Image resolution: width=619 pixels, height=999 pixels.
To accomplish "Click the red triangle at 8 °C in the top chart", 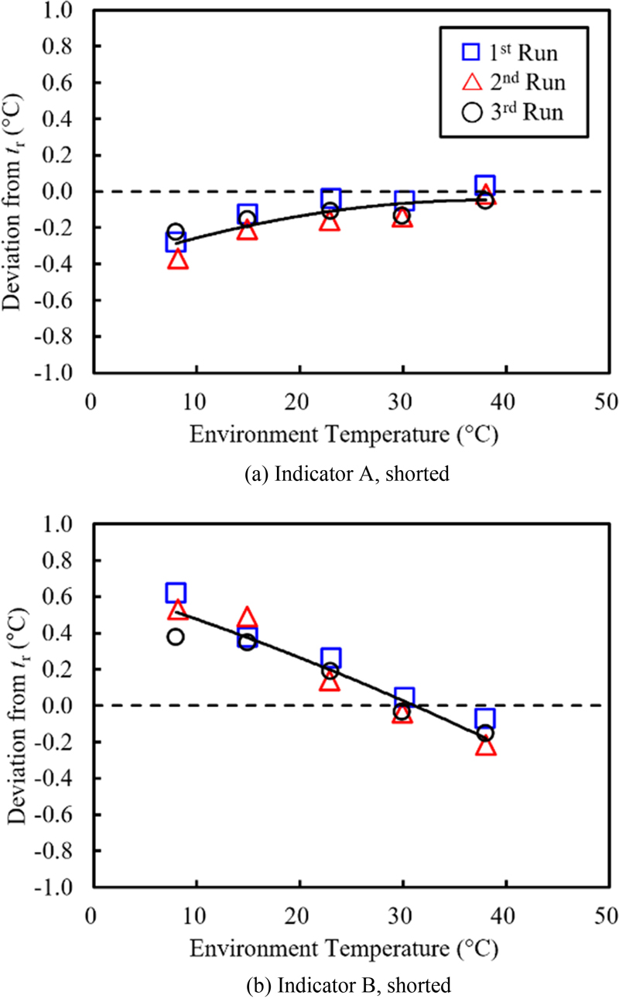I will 177,259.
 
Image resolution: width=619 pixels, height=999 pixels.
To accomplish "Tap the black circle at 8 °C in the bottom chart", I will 176,637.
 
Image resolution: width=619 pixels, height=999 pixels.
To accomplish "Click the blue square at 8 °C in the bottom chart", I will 176,593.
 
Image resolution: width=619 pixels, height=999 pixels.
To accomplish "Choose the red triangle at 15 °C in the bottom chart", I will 247,617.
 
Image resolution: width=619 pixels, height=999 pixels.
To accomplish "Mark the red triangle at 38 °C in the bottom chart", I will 485,747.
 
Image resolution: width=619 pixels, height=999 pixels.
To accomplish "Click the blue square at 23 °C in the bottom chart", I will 330,658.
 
